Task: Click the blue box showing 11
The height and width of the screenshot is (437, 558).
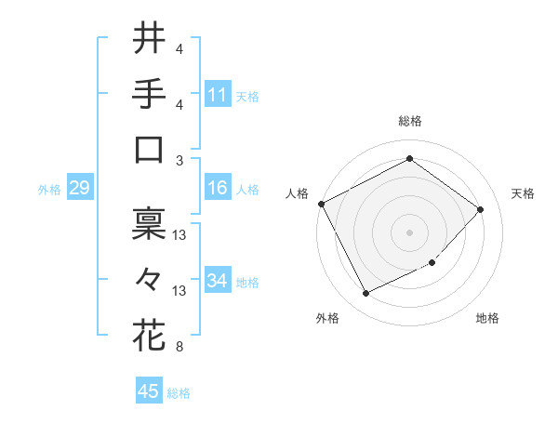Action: tap(218, 95)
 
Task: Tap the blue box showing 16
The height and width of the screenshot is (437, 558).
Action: tap(218, 188)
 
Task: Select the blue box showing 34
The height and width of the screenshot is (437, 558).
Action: tap(218, 281)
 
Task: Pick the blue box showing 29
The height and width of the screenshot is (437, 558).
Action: tap(79, 189)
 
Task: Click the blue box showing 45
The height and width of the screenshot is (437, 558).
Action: tap(149, 391)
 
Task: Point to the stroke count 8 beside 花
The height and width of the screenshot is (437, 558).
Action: tap(179, 348)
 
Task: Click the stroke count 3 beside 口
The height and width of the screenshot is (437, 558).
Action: tap(179, 160)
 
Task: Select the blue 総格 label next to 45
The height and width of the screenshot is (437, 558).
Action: tap(179, 393)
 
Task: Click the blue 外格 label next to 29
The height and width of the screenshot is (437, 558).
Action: tap(49, 190)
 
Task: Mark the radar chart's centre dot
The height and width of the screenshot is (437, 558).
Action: tap(409, 232)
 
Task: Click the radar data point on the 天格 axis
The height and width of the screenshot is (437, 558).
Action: tap(480, 209)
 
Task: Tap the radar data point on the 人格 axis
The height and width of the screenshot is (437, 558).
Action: tap(322, 204)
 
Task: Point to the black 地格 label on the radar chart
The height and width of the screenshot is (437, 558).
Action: tap(487, 318)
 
